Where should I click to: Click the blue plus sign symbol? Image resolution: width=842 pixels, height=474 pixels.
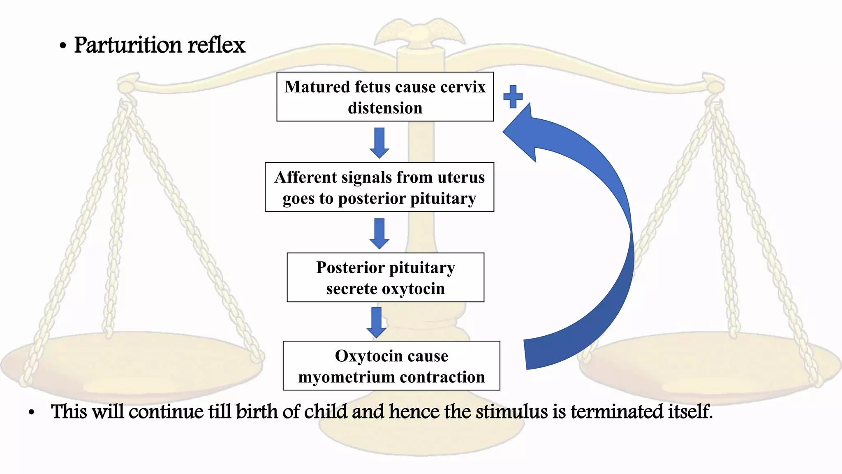[x=513, y=97]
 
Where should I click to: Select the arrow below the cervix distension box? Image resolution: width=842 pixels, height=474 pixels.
[x=379, y=142]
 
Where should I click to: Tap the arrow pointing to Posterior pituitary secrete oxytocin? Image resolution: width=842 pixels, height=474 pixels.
[x=379, y=233]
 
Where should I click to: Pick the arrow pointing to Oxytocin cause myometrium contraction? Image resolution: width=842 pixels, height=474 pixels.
[x=376, y=322]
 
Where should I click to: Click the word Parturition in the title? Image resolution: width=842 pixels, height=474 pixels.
[x=128, y=45]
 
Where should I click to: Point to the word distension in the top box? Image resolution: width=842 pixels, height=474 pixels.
[x=385, y=108]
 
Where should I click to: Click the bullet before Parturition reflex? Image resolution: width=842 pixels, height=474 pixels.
[x=62, y=46]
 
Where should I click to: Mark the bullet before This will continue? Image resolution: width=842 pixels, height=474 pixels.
[x=32, y=412]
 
